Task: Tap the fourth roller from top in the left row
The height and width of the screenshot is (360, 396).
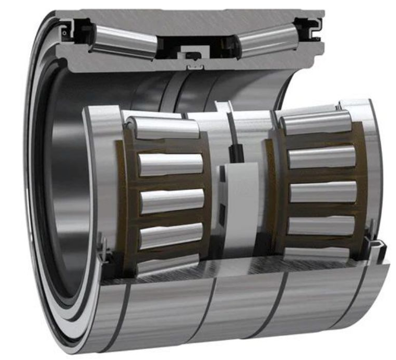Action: tap(170, 235)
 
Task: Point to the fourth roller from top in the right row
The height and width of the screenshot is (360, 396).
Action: tap(320, 225)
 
